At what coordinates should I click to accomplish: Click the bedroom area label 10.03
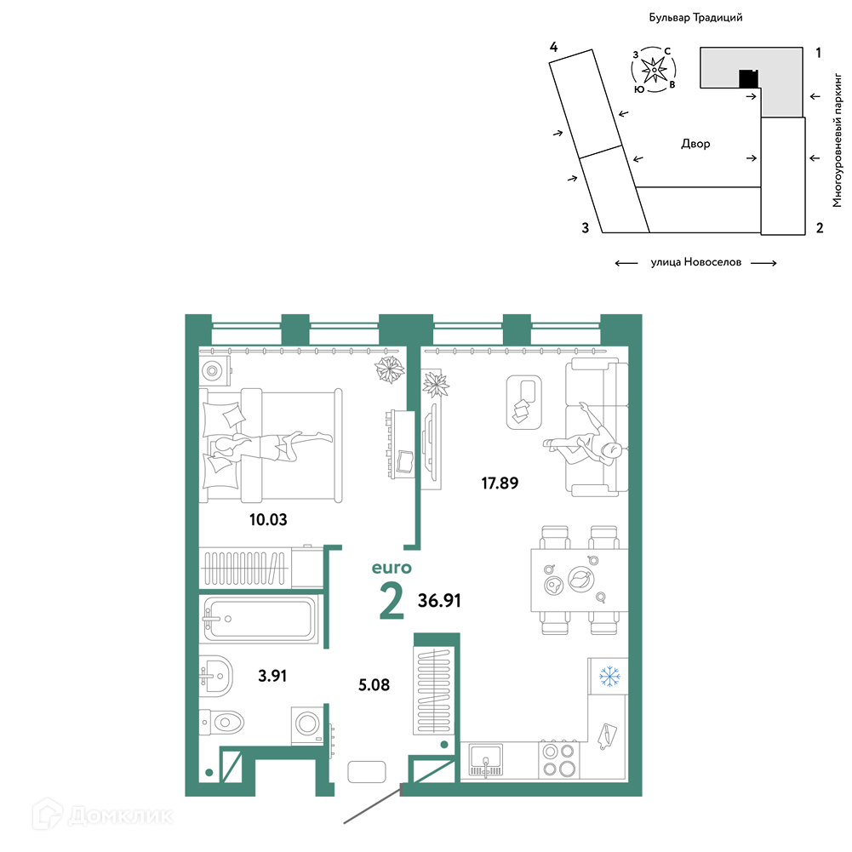pos(268,519)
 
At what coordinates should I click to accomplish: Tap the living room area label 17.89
pos(500,483)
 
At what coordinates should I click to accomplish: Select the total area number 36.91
pos(439,600)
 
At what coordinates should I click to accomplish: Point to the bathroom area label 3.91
pos(272,676)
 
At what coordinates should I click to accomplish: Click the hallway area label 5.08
pos(374,684)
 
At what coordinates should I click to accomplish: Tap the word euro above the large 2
pos(392,568)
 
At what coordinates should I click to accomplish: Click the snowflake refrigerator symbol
pos(609,677)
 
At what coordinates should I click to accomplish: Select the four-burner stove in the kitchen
pos(559,759)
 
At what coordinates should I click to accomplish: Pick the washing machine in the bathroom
pos(307,725)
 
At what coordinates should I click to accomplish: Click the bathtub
pos(259,619)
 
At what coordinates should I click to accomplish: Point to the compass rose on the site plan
pos(654,70)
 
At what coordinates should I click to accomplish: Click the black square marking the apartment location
pos(749,79)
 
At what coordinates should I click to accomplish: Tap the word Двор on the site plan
pos(695,144)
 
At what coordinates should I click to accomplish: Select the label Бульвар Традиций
pos(695,17)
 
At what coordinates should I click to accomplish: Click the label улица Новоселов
pos(696,262)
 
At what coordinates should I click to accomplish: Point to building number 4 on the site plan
pos(554,48)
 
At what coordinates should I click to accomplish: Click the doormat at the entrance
pos(367,772)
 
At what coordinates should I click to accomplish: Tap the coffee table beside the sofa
pos(523,402)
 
